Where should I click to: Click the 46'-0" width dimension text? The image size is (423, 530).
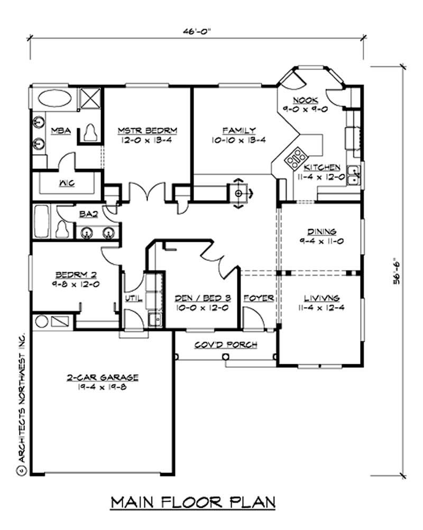pos(197,32)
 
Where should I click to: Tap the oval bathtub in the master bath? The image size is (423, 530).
pos(54,99)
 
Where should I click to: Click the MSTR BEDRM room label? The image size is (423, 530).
pos(148,130)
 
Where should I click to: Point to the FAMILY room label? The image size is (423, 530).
pos(239,130)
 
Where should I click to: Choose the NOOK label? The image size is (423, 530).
pos(306,100)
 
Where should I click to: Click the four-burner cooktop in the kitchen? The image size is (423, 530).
pos(296,158)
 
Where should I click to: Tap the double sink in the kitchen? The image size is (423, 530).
pos(354,175)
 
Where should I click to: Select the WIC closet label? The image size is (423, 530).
pos(67,183)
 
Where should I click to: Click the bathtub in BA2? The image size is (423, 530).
pos(42,221)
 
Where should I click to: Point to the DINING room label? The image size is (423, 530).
pos(321,232)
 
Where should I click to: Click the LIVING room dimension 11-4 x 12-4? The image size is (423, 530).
pos(321,308)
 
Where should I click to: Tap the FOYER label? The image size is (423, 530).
pos(259,298)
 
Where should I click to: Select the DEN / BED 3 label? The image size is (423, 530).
pos(203,298)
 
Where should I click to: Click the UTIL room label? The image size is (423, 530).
pos(134,298)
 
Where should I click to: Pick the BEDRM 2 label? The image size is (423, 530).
pos(76,275)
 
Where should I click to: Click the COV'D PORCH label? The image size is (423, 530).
pos(226,345)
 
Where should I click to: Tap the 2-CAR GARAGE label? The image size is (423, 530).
pos(102,377)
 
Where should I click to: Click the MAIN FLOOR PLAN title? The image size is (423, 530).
pos(193,502)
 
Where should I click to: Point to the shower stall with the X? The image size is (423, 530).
pos(90,98)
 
